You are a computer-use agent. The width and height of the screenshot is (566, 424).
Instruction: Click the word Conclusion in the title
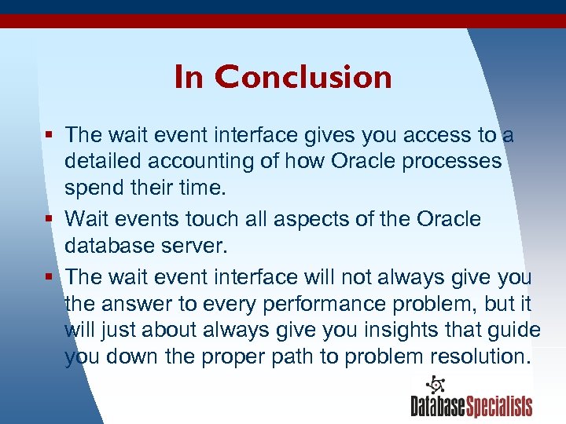pos(303,77)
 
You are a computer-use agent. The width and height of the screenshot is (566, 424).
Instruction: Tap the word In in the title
pos(188,77)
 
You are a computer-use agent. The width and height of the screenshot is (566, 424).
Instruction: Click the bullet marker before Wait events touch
pos(50,219)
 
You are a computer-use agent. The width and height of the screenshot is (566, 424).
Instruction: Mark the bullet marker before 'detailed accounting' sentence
pos(50,136)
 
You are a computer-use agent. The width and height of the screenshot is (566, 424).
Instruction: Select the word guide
pos(512,330)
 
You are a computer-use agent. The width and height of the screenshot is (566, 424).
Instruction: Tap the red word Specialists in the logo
pos(500,406)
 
